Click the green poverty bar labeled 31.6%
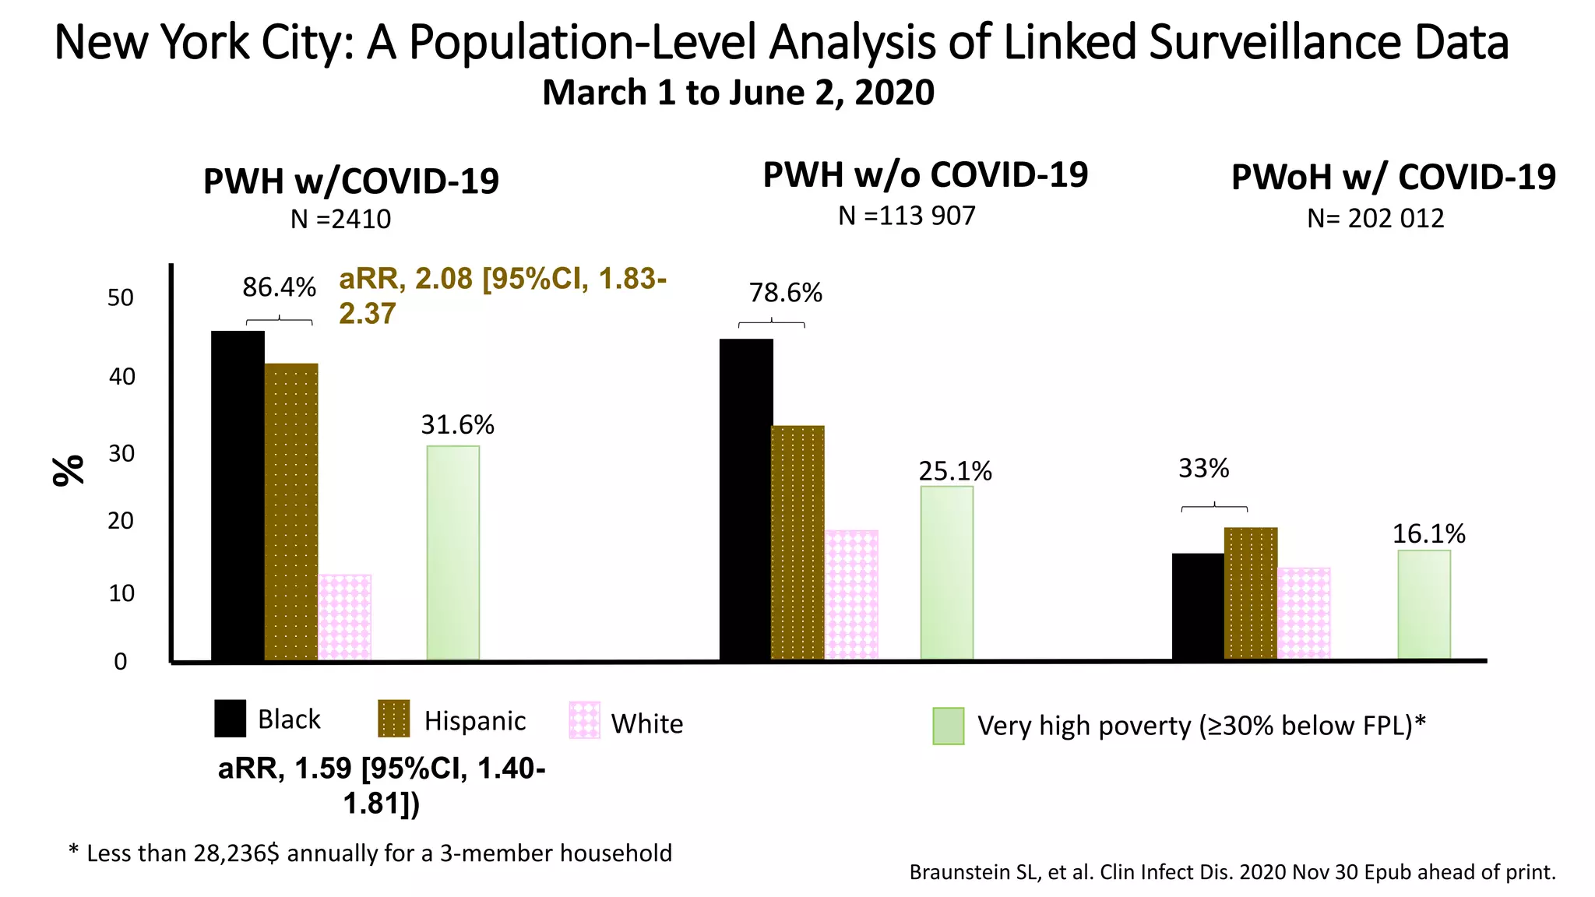[x=452, y=552]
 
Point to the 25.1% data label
[x=955, y=471]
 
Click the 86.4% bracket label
[x=279, y=287]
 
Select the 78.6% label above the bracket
[x=785, y=293]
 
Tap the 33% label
[x=1203, y=468]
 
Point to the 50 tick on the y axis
[x=121, y=297]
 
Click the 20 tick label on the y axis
[x=121, y=521]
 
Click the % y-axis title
[x=69, y=470]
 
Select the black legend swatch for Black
[x=230, y=718]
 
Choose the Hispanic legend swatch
[x=393, y=719]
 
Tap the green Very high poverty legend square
[x=948, y=726]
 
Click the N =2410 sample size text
[x=340, y=220]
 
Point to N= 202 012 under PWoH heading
[x=1375, y=218]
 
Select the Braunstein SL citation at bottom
[x=1232, y=872]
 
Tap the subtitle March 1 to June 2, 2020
[x=738, y=93]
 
